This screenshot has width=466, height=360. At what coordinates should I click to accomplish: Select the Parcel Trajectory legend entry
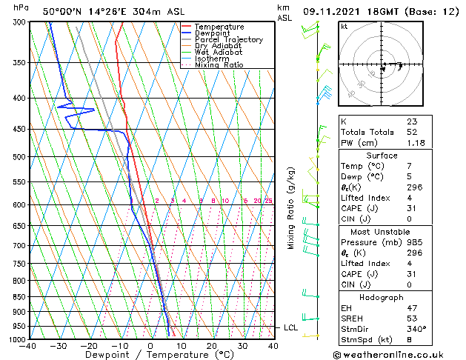tap(228, 40)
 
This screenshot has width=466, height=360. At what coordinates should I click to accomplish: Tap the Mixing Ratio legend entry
tap(219, 65)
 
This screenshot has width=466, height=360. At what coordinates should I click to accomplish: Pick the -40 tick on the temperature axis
tap(28, 346)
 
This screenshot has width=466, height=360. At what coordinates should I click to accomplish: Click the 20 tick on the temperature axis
tap(212, 346)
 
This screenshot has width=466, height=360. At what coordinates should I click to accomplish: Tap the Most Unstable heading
tap(382, 233)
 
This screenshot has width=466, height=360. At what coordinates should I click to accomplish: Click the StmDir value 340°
tap(415, 329)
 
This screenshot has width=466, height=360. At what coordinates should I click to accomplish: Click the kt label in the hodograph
tap(344, 26)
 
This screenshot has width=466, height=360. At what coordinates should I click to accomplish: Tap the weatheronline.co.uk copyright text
tap(399, 355)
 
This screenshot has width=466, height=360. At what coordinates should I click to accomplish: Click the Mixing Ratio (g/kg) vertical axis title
tap(292, 208)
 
